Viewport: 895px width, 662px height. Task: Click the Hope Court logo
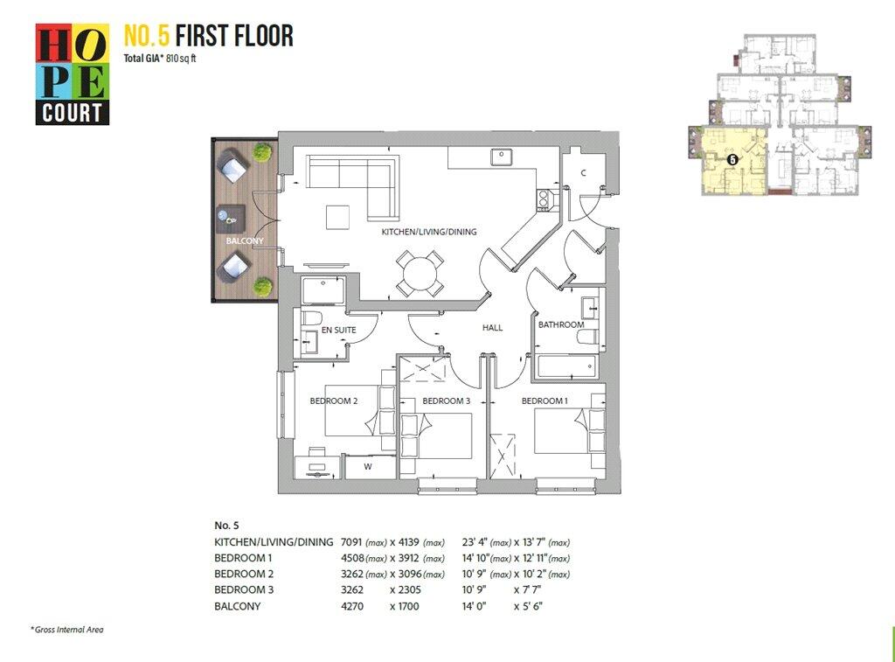pos(73,74)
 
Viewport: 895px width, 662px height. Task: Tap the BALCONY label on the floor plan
pos(245,241)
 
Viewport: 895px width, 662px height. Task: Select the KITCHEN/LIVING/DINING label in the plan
pos(429,232)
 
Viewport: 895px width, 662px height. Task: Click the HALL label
pos(493,328)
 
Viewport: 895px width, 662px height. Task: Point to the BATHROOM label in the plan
pos(561,324)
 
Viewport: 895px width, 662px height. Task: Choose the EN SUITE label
pos(338,331)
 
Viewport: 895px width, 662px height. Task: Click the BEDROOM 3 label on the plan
pos(447,401)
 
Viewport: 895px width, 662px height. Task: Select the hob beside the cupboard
pos(543,199)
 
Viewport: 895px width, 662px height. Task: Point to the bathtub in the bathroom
pos(567,366)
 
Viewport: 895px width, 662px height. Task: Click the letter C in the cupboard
pos(583,173)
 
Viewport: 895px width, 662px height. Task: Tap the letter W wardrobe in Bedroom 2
pos(368,467)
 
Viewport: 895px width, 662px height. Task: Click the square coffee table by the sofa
pos(338,218)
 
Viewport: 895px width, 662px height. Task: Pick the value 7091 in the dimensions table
pos(352,542)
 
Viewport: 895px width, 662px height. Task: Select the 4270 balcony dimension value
pos(352,606)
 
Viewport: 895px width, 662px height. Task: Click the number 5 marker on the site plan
pos(733,161)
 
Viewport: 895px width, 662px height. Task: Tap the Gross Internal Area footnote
pos(66,630)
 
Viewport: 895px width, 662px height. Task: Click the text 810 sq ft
pos(181,59)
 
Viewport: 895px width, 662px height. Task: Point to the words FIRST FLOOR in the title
pos(234,35)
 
